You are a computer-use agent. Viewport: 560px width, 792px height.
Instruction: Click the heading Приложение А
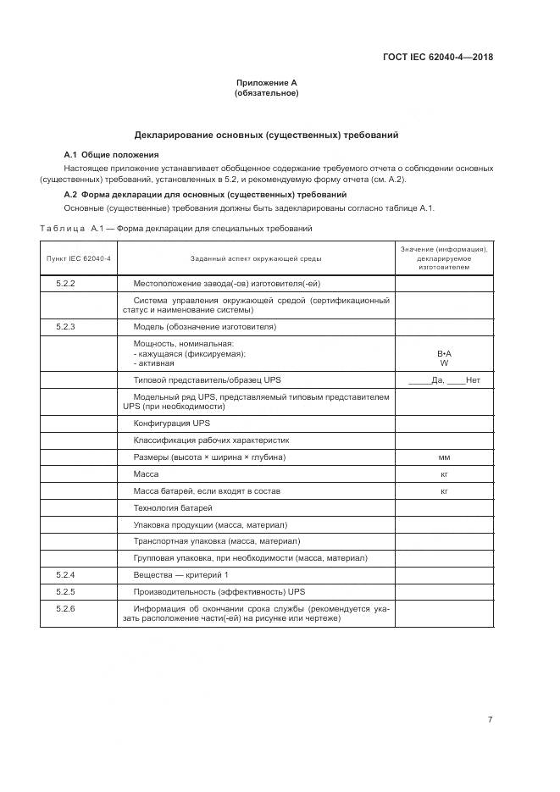(266, 83)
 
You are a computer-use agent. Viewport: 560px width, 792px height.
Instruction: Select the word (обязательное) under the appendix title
(266, 93)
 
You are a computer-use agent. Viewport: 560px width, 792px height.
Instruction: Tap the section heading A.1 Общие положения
(111, 155)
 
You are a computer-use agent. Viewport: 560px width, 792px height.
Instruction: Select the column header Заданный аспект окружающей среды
(256, 258)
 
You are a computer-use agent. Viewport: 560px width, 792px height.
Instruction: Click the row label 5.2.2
(66, 283)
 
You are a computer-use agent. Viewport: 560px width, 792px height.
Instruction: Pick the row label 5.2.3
(66, 326)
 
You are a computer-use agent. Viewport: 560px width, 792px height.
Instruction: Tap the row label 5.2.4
(66, 574)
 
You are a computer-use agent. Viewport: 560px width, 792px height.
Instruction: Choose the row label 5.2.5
(66, 590)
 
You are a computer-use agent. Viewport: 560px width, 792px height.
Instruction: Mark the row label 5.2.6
(66, 608)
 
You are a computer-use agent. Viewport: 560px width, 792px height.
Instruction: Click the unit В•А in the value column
(444, 353)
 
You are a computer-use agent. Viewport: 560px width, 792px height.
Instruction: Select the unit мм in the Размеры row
(444, 457)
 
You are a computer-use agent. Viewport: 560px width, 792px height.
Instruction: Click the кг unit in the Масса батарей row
(444, 490)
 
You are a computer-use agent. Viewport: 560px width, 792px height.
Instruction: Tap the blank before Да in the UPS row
(419, 380)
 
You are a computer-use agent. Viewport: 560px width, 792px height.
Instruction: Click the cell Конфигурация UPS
(172, 423)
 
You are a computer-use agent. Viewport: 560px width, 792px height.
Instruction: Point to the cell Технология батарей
(173, 507)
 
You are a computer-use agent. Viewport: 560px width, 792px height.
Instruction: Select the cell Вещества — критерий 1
(181, 574)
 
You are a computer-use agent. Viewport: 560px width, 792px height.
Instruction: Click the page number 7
(490, 719)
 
